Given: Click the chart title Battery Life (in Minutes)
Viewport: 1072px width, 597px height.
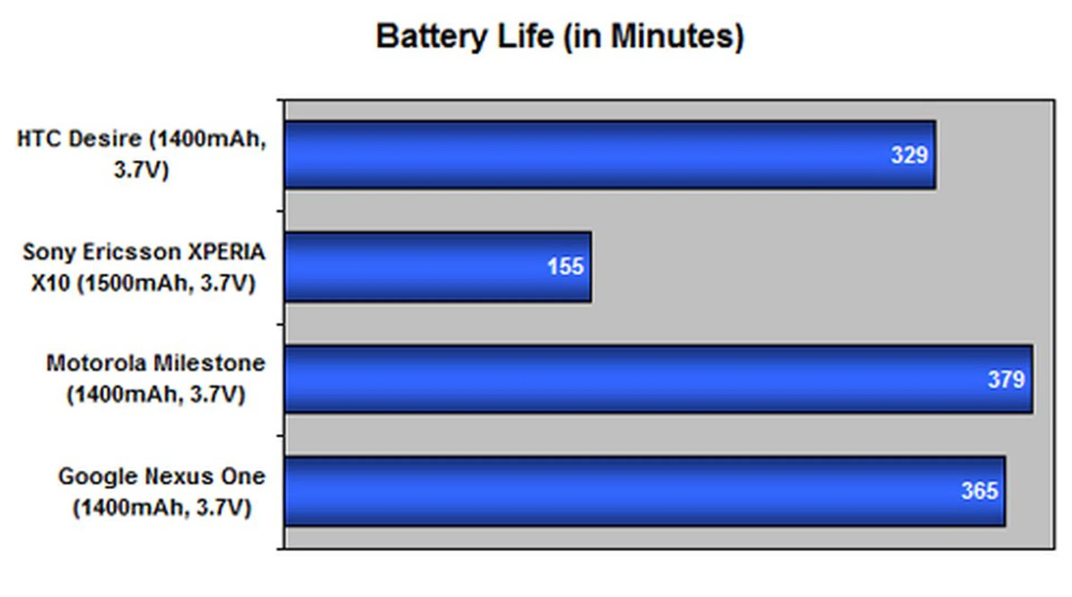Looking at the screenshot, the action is click(x=560, y=37).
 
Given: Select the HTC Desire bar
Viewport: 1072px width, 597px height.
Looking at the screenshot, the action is click(x=610, y=155).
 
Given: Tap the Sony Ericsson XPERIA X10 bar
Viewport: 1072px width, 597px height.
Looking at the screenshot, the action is click(x=438, y=267).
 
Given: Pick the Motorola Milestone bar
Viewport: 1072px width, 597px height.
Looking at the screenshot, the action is click(x=658, y=379).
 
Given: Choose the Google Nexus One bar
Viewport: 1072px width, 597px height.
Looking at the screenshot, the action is click(x=645, y=491).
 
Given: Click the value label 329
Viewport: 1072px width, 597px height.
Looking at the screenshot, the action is click(x=909, y=155).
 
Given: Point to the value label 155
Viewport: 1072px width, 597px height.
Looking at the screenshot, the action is click(x=565, y=267).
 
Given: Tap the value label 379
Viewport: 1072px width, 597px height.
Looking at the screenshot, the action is click(x=1006, y=380).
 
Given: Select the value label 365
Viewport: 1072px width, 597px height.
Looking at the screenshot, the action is click(x=979, y=491).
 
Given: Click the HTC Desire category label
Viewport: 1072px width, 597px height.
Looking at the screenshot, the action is click(x=142, y=154).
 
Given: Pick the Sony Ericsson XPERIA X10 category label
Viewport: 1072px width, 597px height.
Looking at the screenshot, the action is click(x=143, y=267).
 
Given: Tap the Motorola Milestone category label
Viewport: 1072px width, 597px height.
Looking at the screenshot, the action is click(x=156, y=379).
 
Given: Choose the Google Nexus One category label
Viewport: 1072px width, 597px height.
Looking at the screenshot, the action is click(x=162, y=492).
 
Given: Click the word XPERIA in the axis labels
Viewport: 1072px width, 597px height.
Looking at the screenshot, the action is click(x=226, y=252).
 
